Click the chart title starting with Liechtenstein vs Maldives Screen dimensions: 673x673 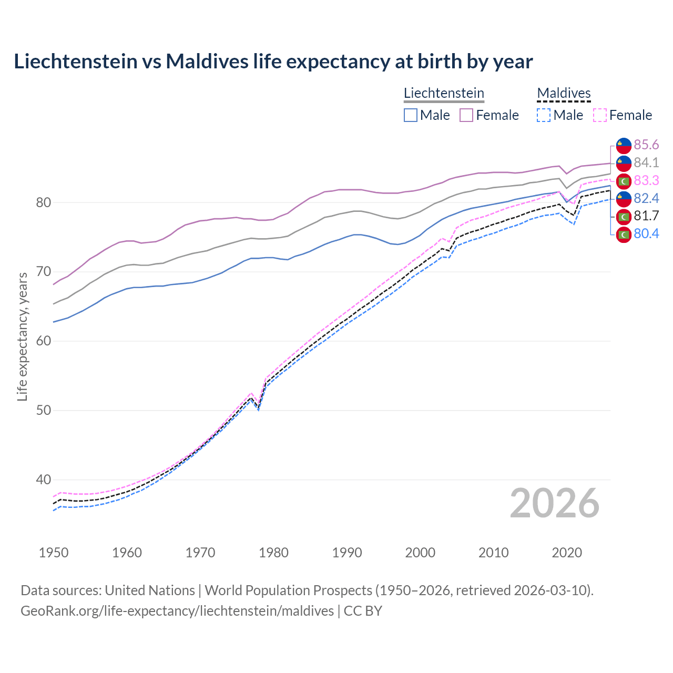pos(273,62)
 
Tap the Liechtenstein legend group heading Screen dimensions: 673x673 pos(444,93)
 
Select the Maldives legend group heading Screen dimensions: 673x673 pos(564,93)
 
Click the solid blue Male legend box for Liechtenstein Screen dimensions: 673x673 pos(411,115)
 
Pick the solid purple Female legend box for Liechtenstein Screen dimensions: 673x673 pos(466,115)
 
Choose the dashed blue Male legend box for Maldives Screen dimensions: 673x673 pos(544,115)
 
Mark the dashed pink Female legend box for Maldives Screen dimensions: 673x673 pos(600,115)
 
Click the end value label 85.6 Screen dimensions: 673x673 pos(646,145)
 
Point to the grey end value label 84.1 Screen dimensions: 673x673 pos(646,163)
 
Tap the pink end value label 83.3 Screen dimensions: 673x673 pos(646,181)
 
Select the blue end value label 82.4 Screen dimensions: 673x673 pos(646,198)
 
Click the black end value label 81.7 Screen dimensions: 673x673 pos(646,216)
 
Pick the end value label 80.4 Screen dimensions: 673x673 pos(646,234)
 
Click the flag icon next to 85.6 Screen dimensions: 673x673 pos(624,145)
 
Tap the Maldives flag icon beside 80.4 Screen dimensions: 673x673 pos(624,234)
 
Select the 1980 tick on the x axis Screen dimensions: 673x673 pos(274,553)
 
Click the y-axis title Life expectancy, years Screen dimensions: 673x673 pos(23,336)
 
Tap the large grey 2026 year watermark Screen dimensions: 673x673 pos(554,504)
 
